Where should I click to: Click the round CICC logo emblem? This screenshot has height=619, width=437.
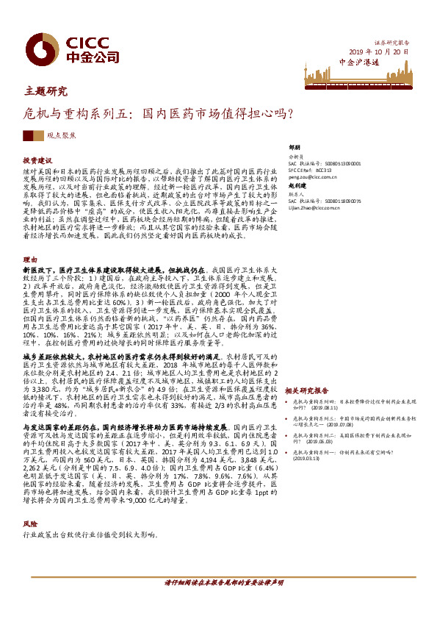(x=35, y=44)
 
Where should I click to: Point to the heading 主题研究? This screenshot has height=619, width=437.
(x=45, y=93)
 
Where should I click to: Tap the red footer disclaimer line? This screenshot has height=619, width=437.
(x=223, y=583)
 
